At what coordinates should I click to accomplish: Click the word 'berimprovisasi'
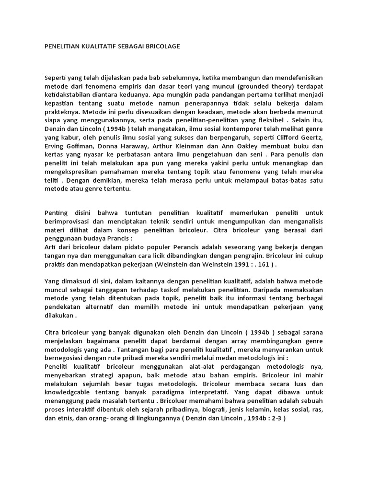pyautogui.click(x=69, y=221)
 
